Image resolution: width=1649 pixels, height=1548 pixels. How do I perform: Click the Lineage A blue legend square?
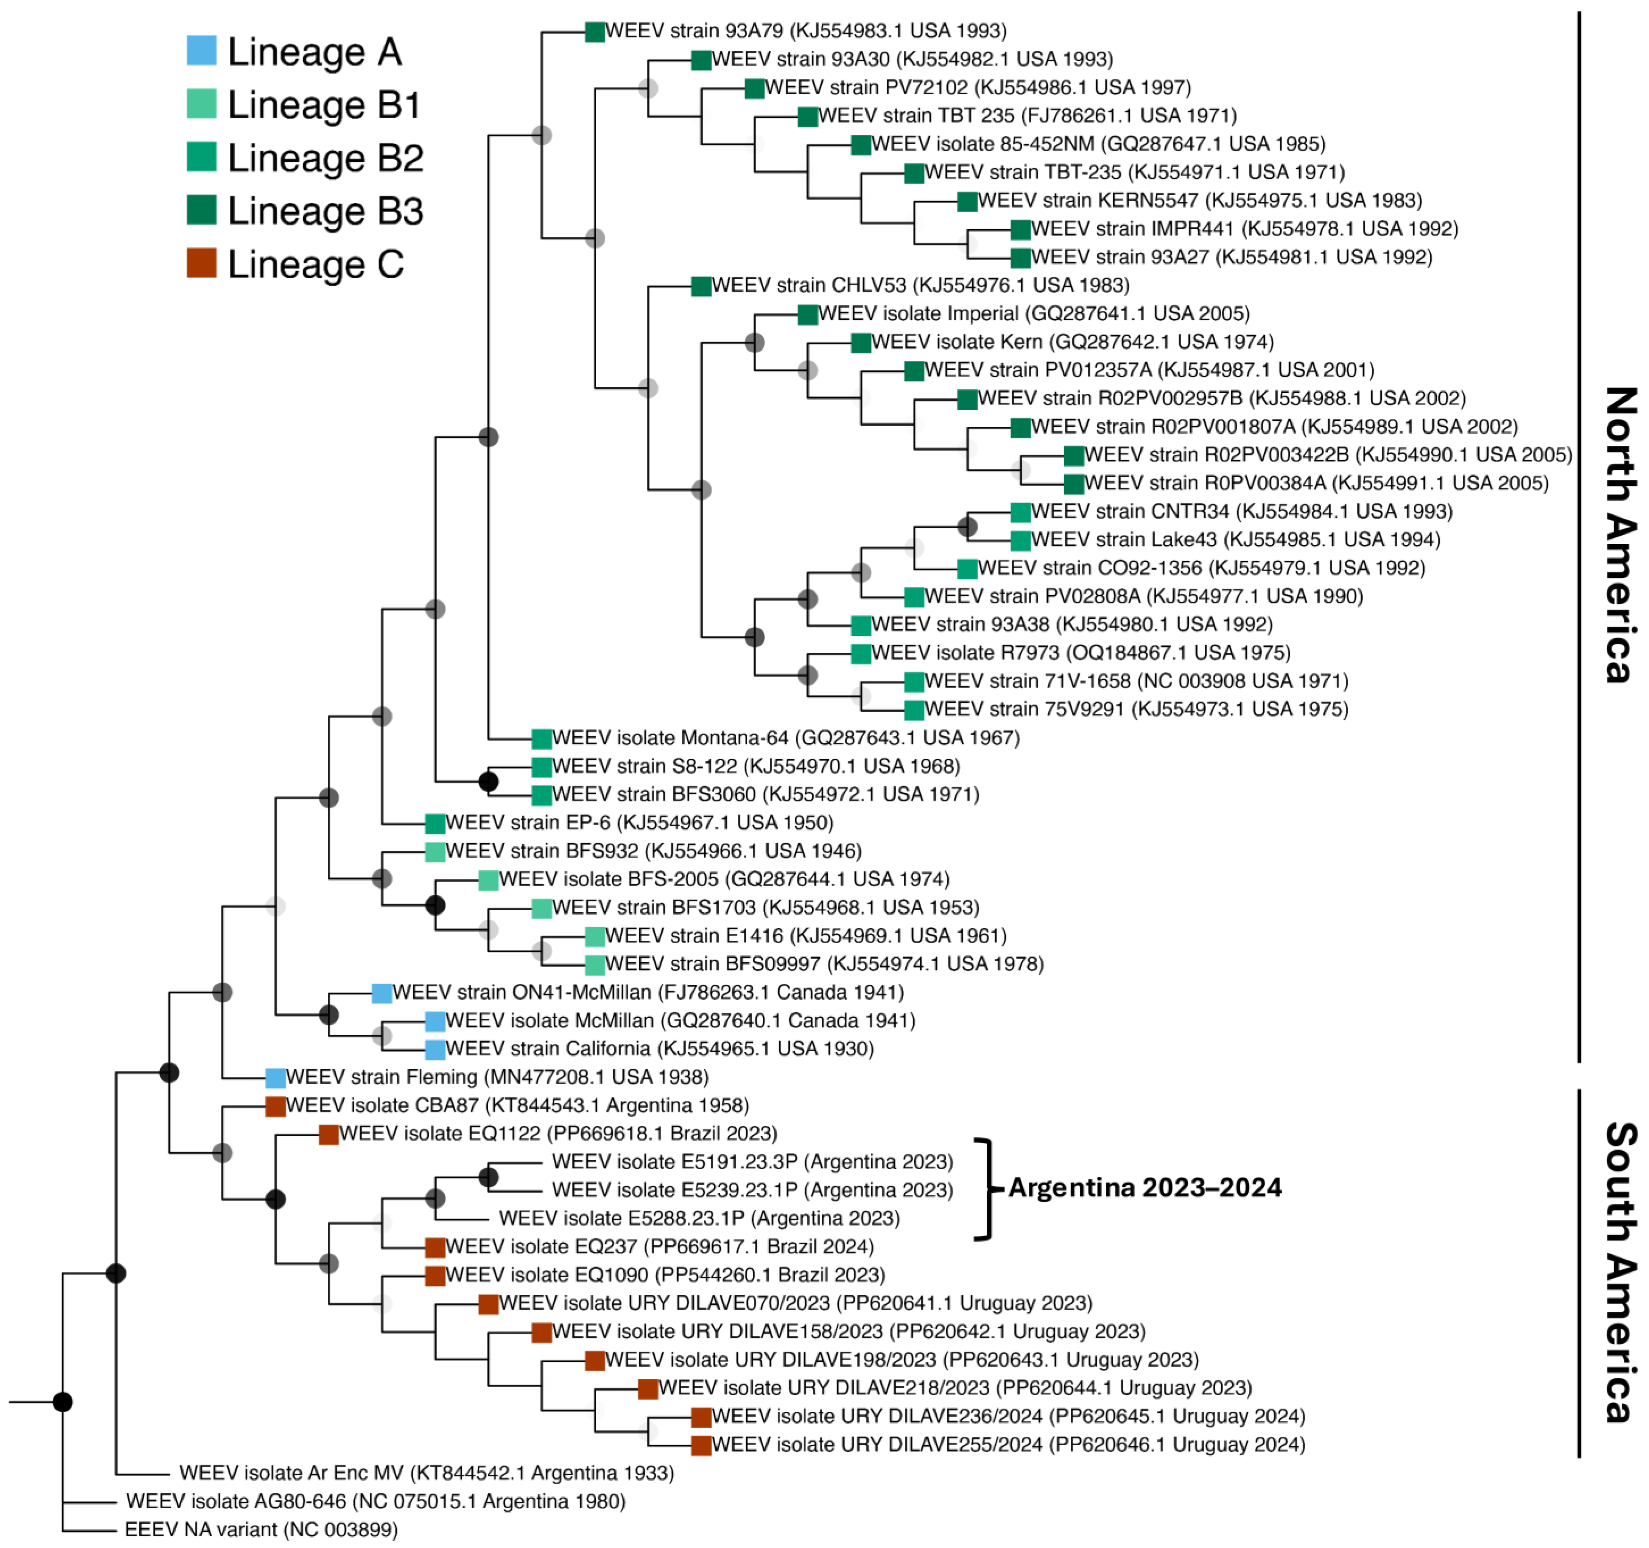click(x=202, y=51)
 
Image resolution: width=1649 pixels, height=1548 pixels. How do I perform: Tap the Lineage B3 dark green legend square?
click(x=202, y=210)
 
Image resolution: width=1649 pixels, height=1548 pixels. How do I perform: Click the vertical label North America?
click(x=1619, y=535)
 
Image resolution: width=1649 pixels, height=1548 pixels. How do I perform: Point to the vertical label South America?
click(x=1619, y=1273)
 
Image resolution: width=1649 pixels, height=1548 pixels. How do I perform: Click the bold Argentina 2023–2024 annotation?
click(x=1144, y=1187)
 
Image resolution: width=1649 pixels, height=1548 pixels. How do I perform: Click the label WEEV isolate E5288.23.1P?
click(x=699, y=1218)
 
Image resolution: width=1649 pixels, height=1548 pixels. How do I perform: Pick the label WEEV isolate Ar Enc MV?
click(x=427, y=1473)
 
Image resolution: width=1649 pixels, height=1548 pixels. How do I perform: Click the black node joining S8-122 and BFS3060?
click(x=489, y=781)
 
